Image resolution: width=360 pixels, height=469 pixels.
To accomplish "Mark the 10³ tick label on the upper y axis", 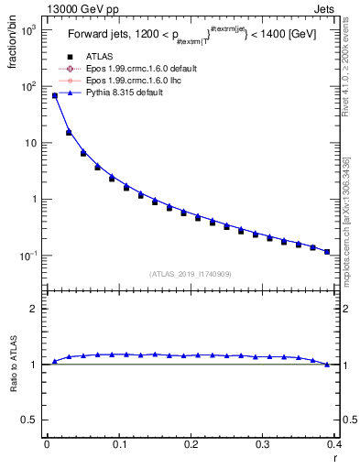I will point(30,30).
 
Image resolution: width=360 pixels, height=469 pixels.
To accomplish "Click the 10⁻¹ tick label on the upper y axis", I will point(30,256).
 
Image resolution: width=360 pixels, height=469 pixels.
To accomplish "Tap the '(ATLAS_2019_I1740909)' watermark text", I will point(191,273).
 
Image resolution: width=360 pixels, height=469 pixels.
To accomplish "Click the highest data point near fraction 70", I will point(54,95).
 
